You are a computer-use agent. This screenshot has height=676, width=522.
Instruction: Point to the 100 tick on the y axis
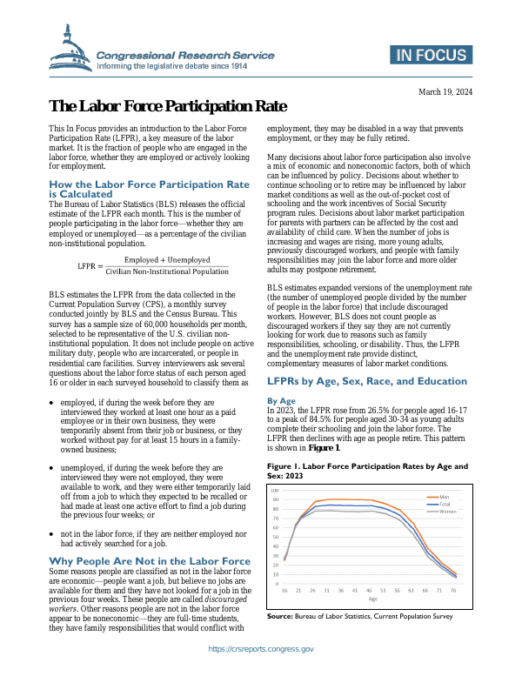pyautogui.click(x=275, y=491)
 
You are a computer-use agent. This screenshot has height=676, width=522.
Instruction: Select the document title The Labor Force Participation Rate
pyautogui.click(x=167, y=107)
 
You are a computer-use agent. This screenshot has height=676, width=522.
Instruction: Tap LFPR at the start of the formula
pyautogui.click(x=86, y=241)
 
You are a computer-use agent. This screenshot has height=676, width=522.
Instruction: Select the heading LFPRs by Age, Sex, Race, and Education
pyautogui.click(x=365, y=381)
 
